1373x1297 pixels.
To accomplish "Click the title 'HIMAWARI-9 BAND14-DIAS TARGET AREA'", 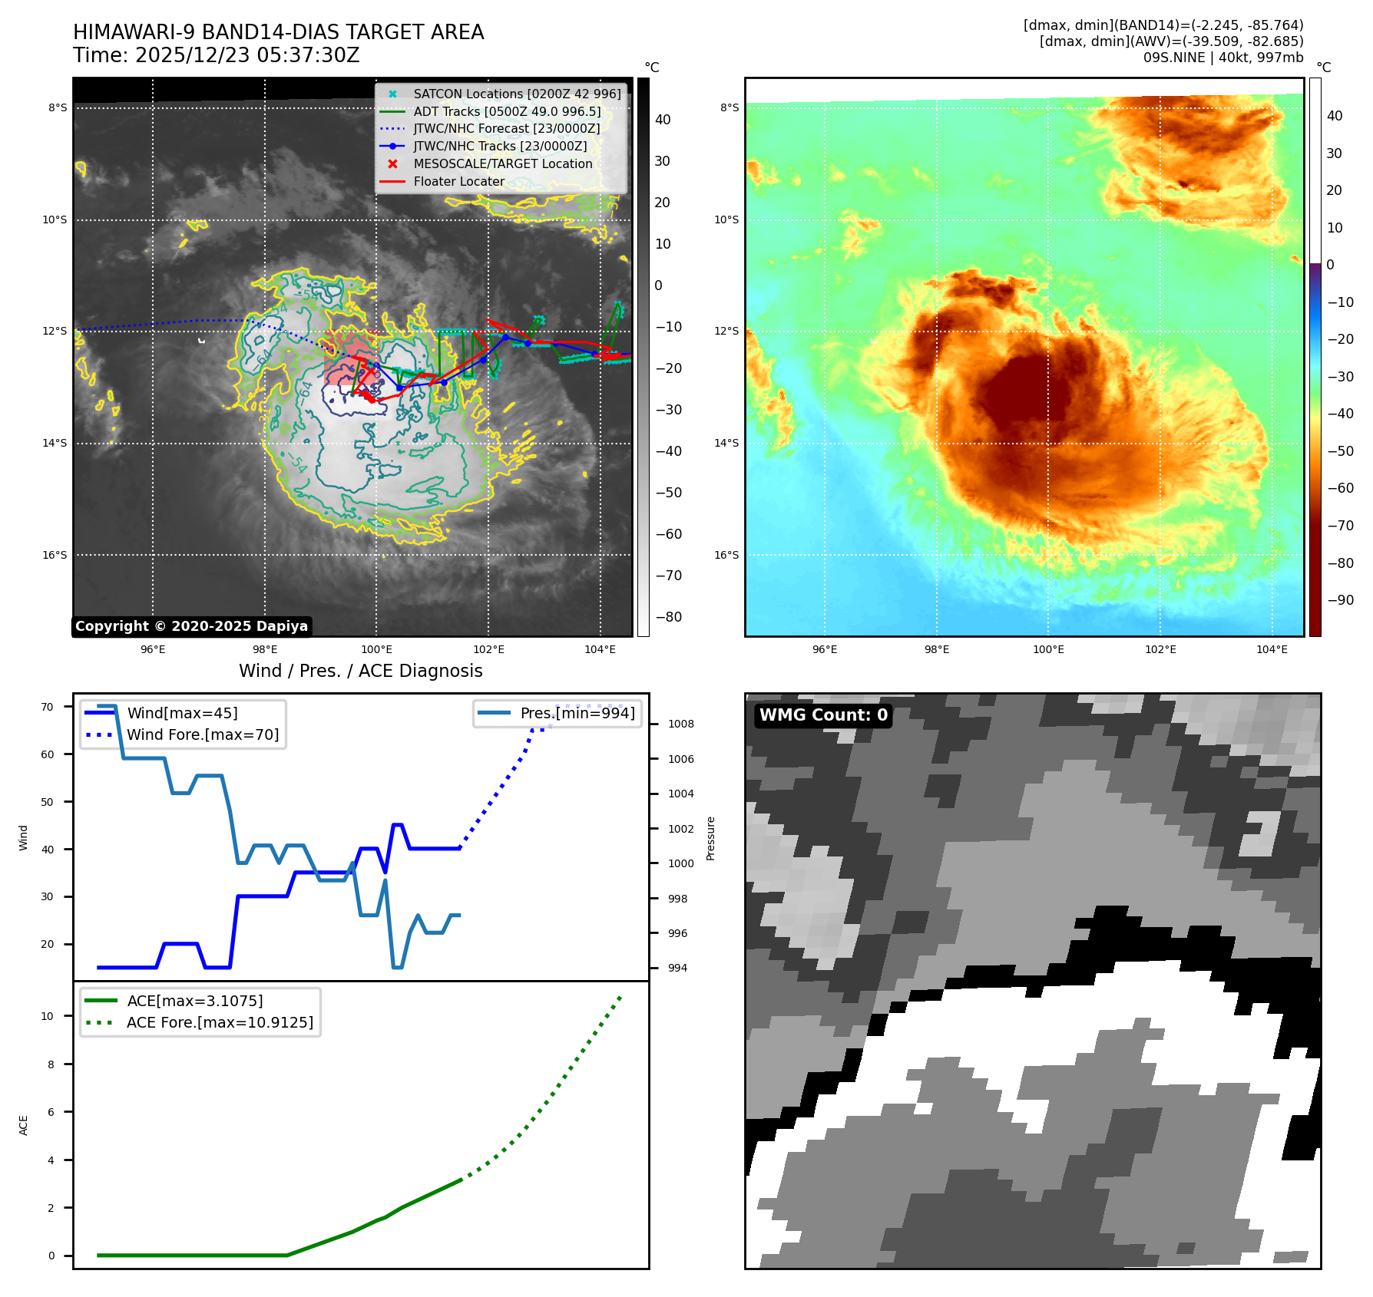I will pos(278,32).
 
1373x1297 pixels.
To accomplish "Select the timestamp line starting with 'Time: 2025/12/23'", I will pos(216,55).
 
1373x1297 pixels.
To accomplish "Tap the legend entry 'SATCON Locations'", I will pos(516,94).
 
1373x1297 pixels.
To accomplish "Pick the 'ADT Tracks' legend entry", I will pos(507,111).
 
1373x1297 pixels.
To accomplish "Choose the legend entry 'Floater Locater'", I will pos(458,181).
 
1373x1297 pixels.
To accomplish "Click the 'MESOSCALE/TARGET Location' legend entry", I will pos(502,163).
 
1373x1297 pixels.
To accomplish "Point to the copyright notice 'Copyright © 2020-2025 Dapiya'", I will pos(191,626).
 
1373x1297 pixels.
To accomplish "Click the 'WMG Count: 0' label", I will pos(823,715).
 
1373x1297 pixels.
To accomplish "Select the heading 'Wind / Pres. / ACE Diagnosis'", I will pos(360,671).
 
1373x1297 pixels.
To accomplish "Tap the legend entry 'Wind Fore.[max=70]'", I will pos(203,734).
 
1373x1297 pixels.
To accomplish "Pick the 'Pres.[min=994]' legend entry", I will pos(577,713).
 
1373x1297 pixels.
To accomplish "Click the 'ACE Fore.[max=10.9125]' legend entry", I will pos(220,1022).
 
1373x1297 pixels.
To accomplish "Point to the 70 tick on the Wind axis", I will pos(48,707).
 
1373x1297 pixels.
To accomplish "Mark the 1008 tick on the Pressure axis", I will pos(680,724).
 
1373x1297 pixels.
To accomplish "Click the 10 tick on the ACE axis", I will pos(48,1016).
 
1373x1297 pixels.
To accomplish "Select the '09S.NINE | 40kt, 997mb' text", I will pos(1222,58).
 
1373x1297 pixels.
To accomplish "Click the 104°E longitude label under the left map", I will pos(600,649).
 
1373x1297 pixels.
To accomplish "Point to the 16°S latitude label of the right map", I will pos(726,555).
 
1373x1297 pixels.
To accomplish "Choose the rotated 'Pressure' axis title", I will pos(711,838).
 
